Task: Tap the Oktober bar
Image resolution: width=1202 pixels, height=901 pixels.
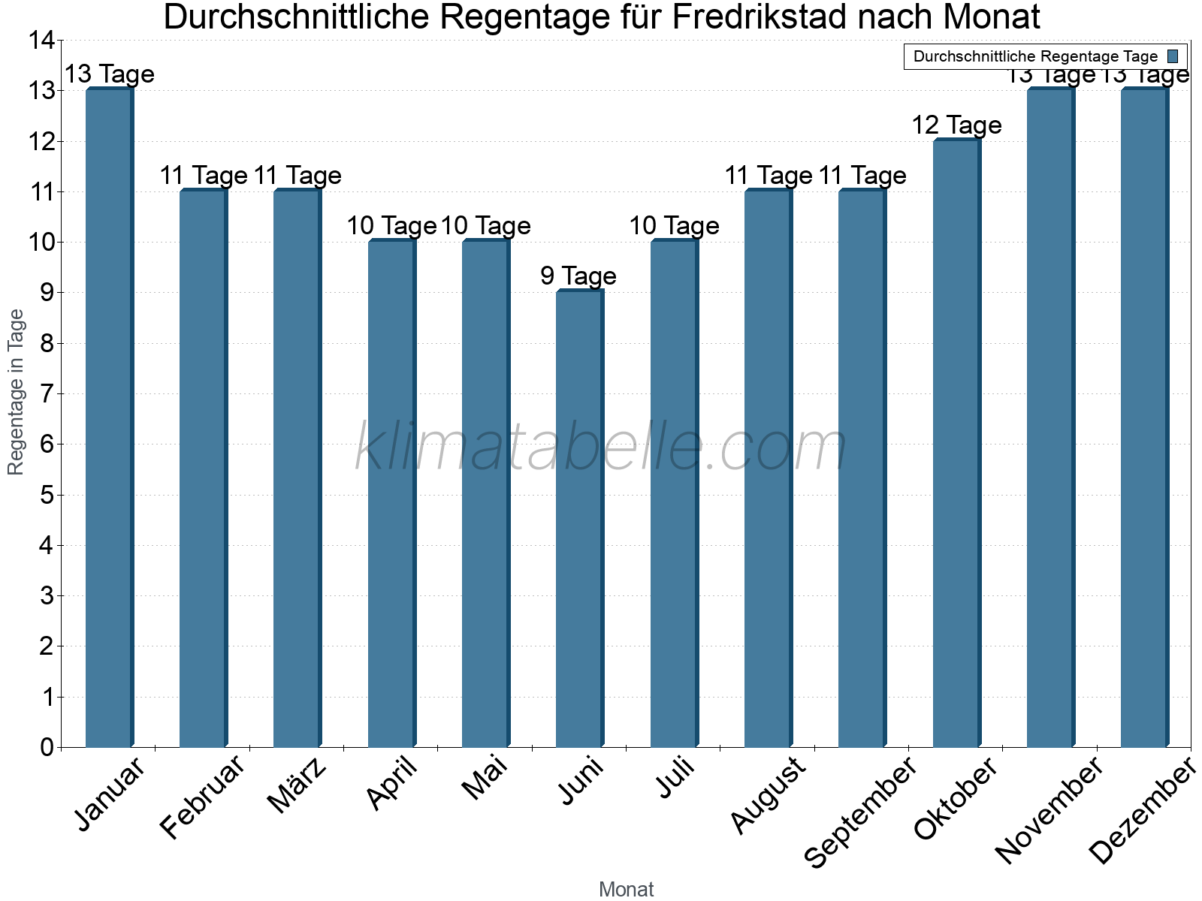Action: (x=956, y=443)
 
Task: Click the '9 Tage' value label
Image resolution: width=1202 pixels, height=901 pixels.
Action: (x=578, y=276)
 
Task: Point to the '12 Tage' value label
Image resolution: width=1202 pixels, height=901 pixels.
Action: (x=956, y=125)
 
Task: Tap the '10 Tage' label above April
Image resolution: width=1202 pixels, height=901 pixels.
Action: (x=391, y=226)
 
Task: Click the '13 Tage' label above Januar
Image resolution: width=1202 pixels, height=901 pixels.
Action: (x=109, y=74)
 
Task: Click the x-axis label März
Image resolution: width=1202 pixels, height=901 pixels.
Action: (x=297, y=785)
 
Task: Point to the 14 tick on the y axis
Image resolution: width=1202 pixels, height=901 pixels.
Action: (x=42, y=41)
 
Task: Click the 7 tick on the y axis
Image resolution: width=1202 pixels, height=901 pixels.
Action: (x=47, y=394)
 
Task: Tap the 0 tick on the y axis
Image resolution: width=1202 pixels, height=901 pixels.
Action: (x=47, y=747)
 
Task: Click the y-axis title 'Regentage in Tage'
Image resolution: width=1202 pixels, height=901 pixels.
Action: (x=16, y=392)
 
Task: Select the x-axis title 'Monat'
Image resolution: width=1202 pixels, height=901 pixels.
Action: (x=626, y=890)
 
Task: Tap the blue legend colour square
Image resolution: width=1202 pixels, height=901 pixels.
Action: (x=1173, y=56)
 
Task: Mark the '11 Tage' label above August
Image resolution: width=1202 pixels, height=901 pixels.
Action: (x=768, y=176)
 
